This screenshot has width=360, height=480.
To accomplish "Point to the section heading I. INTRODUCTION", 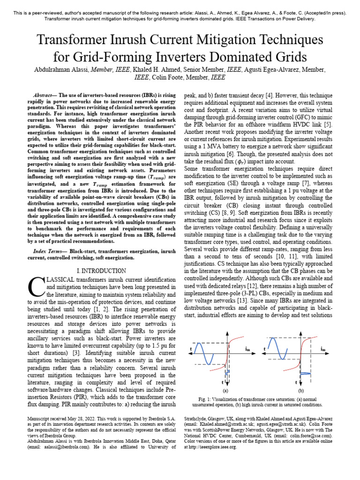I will click(x=101, y=271).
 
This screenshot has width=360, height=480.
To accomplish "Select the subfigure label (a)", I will click(x=225, y=390).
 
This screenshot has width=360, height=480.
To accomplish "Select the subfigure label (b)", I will click(x=300, y=390).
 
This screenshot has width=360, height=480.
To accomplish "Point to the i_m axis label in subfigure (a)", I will click(x=247, y=349).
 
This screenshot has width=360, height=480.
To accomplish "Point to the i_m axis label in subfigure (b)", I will click(x=323, y=349).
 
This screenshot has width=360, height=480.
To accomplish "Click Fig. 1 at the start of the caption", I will click(x=206, y=399).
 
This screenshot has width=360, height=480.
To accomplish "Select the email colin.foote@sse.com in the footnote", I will click(x=311, y=435).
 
